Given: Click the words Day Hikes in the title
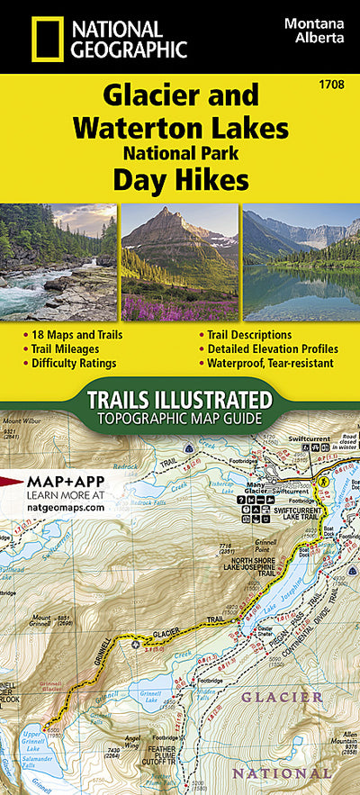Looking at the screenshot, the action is tap(180, 181).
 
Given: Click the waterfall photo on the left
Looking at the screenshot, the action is tap(58, 262).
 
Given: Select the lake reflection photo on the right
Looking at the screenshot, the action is tap(301, 262).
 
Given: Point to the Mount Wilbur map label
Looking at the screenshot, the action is tap(20, 422).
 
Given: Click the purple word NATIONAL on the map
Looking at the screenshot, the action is tap(270, 772).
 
